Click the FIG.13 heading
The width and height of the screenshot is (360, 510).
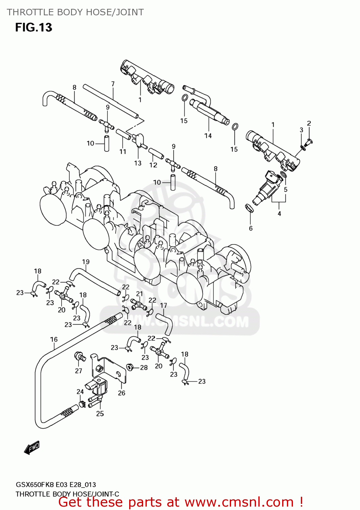point(34,27)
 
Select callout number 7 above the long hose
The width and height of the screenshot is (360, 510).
point(113,84)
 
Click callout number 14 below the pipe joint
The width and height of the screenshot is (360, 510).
point(208,136)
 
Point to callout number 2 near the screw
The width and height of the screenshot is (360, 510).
point(309,123)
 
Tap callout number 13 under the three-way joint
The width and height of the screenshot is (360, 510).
point(138,163)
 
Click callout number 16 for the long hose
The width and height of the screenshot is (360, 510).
point(54,339)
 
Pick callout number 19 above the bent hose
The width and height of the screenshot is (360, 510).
point(86,262)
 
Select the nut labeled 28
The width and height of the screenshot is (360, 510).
point(130,367)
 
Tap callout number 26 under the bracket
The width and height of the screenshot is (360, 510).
point(122,393)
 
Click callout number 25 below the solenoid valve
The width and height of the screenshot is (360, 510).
point(100,414)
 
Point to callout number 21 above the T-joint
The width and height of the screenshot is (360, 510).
point(140,294)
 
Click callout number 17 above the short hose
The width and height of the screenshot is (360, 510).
point(164,305)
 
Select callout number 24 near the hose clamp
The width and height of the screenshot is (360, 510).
point(80,392)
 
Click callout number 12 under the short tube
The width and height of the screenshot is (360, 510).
point(153,165)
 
